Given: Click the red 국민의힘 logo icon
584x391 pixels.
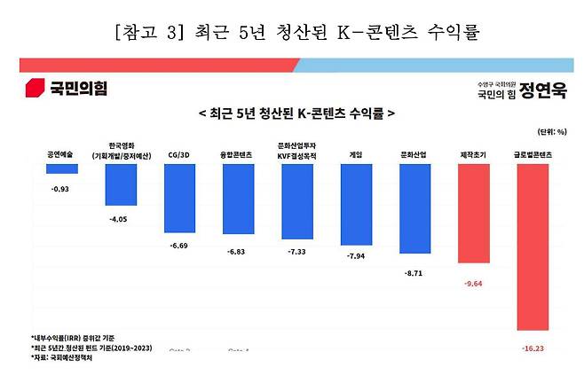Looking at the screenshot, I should pyautogui.click(x=35, y=88).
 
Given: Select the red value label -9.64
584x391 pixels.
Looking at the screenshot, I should pyautogui.click(x=473, y=285).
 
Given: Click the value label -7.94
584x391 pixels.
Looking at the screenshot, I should pyautogui.click(x=357, y=257).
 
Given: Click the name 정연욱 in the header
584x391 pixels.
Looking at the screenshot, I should pyautogui.click(x=545, y=90).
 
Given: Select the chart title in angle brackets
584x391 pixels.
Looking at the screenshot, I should pyautogui.click(x=293, y=114).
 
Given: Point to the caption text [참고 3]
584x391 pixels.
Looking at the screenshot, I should pyautogui.click(x=143, y=34).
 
